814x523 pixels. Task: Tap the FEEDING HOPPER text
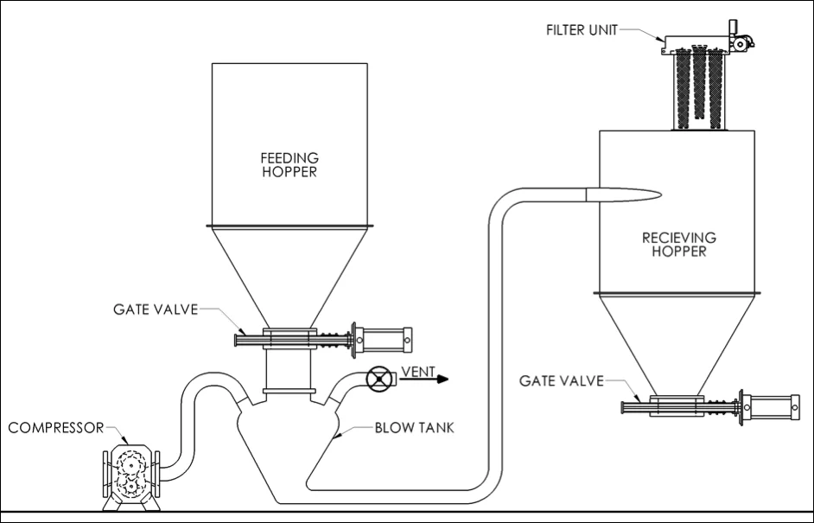point(289,164)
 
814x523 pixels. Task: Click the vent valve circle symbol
point(378,379)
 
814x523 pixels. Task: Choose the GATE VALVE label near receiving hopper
point(561,380)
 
